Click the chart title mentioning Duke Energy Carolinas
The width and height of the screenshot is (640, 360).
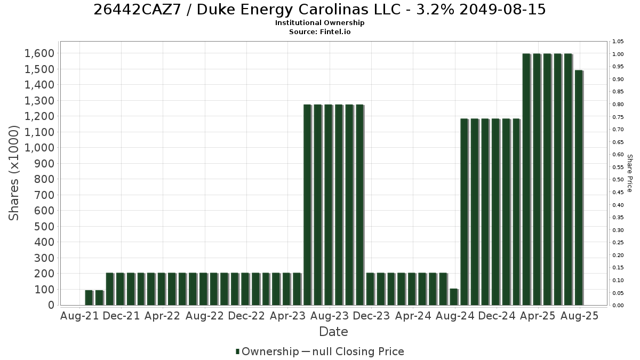pos(319,10)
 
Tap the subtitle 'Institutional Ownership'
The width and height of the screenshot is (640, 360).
pos(319,23)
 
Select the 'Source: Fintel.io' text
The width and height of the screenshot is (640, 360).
pos(319,31)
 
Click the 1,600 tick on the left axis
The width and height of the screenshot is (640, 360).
pos(39,53)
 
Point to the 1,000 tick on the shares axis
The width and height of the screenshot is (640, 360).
pos(39,148)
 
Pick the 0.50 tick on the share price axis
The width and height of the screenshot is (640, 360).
pos(618,179)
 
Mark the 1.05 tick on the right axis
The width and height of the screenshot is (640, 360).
pos(618,42)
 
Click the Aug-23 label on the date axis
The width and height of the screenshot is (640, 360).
pos(330,316)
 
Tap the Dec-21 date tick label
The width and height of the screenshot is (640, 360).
pos(121,316)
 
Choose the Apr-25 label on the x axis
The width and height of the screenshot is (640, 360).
pos(538,316)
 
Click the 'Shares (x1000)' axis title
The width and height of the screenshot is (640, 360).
pos(14,173)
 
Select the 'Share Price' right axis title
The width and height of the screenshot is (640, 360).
pos(630,173)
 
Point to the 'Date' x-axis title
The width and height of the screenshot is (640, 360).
pos(333,332)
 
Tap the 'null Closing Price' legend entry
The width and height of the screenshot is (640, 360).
pos(358,351)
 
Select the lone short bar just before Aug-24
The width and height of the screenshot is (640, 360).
pos(454,297)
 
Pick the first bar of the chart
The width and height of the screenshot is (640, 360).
pos(89,298)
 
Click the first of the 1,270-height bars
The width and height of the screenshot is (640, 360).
pos(307,205)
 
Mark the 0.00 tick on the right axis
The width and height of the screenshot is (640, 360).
pos(618,306)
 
